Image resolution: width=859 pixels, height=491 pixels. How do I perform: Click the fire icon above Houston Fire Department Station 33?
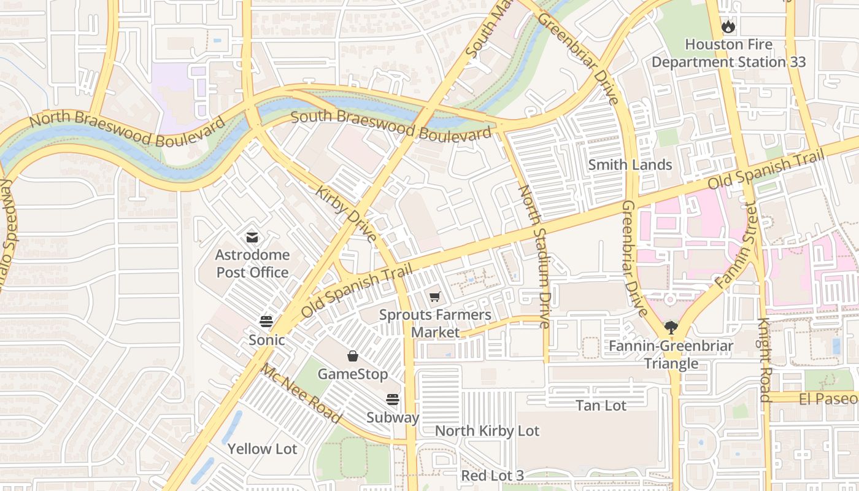728,26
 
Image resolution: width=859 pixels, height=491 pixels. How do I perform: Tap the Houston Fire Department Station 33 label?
728,53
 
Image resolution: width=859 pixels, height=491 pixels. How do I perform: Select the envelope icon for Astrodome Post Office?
252,238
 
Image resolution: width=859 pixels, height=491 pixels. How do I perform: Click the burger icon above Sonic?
266,321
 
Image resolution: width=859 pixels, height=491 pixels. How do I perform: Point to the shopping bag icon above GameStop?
353,356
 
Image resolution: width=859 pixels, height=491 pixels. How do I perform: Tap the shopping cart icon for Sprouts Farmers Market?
435,297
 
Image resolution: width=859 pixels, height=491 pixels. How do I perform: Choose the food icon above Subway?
393,400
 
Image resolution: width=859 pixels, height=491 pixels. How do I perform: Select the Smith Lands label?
630,164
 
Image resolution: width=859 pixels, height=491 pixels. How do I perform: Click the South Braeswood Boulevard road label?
391,125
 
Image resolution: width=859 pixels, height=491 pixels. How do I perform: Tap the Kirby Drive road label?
346,214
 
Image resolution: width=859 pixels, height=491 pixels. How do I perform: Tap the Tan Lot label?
601,406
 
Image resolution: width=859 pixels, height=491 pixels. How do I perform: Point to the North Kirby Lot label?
487,431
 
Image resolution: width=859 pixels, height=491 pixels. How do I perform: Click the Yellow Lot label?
262,449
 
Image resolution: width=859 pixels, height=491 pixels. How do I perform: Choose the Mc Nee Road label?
301,393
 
